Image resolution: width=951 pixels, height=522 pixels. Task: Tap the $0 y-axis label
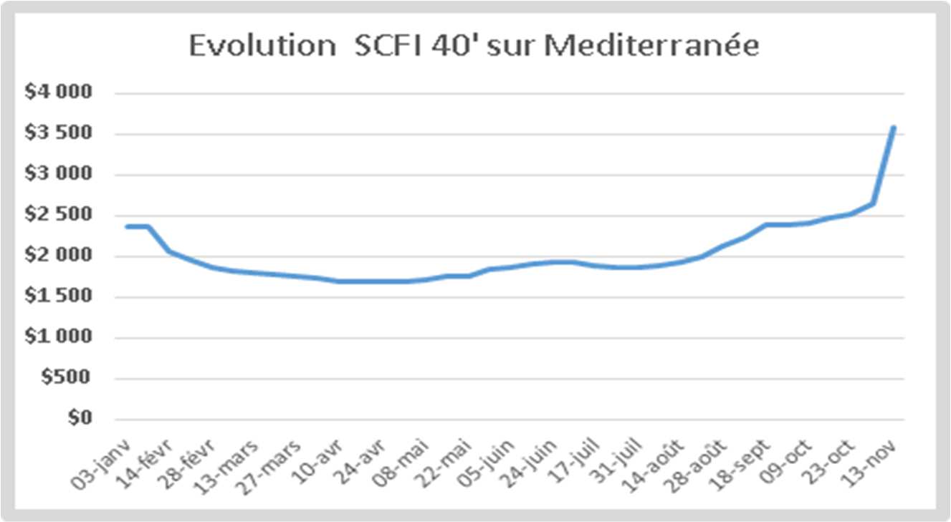point(80,419)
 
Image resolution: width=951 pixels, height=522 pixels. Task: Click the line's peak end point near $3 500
point(894,127)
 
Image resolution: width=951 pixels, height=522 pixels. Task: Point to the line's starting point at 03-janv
point(126,226)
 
